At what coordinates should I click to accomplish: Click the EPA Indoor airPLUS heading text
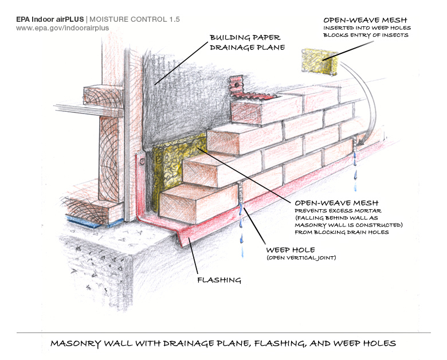50,19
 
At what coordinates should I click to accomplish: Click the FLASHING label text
218,280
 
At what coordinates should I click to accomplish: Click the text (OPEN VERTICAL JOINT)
301,259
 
